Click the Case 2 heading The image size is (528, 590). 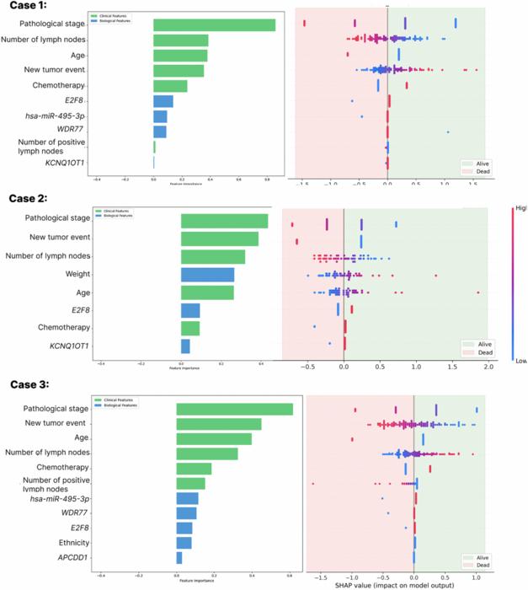(x=29, y=199)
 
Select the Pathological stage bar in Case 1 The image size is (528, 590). (x=214, y=24)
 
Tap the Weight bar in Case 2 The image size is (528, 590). (x=207, y=275)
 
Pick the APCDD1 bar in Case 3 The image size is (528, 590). (x=179, y=558)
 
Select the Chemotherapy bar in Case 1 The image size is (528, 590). (x=170, y=86)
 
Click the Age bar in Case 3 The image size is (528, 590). (x=213, y=438)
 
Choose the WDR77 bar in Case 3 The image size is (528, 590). (x=186, y=512)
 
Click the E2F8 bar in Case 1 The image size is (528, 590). (x=163, y=101)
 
